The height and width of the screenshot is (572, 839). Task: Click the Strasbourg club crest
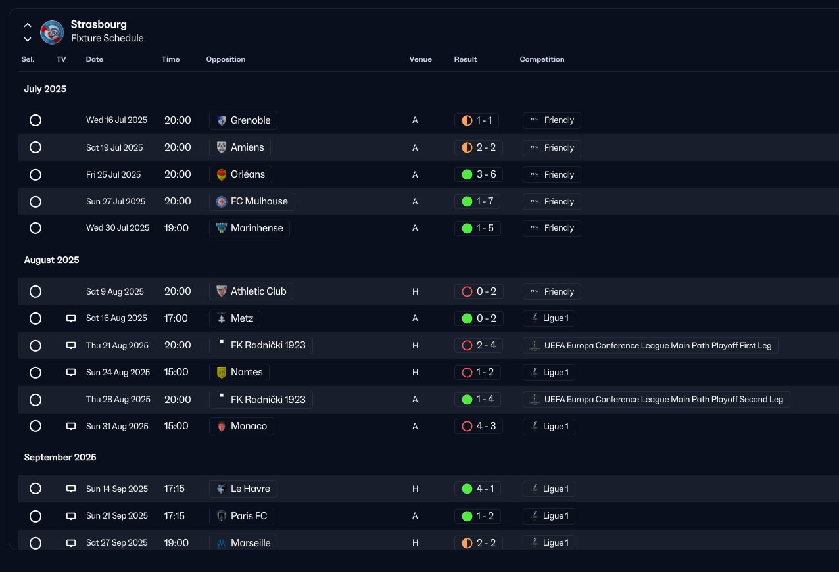click(52, 32)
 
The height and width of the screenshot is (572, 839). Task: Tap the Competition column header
click(542, 59)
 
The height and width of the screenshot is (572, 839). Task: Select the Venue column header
click(420, 59)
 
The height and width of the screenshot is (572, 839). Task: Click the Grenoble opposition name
click(251, 120)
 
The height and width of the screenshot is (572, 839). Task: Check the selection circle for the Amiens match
click(36, 147)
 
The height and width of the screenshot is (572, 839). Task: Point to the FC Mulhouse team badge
click(222, 202)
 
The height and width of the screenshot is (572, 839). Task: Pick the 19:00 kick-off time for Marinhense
click(176, 227)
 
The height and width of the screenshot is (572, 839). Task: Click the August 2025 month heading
click(51, 260)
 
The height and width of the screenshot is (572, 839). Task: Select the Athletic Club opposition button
click(251, 291)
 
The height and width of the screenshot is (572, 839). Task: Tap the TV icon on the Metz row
click(71, 318)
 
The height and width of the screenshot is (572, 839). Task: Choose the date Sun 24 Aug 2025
click(118, 372)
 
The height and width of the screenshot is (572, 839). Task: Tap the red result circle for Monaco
click(467, 426)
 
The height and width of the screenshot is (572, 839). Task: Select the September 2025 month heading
click(60, 457)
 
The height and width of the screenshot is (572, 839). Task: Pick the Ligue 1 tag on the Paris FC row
click(549, 516)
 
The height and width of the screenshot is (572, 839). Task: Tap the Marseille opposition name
click(251, 543)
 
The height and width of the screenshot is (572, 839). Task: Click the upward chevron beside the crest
click(28, 25)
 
